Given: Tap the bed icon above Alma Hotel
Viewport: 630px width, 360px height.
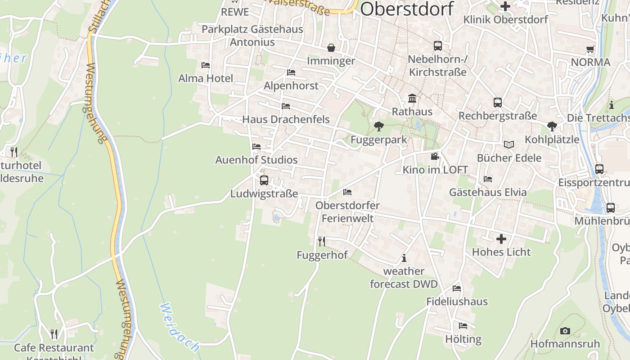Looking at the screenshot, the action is tap(206, 65).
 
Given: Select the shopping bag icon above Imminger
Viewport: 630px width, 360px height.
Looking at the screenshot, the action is tap(331, 48).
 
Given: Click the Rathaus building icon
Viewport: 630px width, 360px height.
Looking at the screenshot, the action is tap(412, 99).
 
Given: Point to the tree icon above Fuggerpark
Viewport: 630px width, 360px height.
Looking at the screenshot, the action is tap(379, 126).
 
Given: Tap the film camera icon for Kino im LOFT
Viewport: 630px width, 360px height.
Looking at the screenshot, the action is tap(435, 157).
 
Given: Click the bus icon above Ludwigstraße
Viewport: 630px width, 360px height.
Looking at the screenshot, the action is tap(264, 180).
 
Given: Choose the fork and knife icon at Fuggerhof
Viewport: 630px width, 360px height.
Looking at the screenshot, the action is tap(322, 242).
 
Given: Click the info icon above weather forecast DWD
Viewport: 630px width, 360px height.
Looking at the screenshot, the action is tap(404, 258).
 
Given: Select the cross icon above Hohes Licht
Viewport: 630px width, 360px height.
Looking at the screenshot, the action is tap(501, 238).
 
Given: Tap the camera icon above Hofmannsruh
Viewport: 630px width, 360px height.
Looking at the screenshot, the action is tap(565, 331).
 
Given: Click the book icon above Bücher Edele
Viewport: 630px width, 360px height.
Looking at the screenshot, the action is tap(509, 144).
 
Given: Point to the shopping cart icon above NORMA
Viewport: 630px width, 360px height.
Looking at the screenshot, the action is tap(590, 49).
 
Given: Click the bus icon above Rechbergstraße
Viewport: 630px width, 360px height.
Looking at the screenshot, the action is tap(497, 103).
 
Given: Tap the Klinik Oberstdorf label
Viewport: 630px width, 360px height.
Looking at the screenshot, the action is tap(506, 20).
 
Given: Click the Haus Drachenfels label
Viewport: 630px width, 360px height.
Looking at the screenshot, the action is tap(286, 119).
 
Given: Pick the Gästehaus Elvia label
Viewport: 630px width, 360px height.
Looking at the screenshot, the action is tap(488, 192).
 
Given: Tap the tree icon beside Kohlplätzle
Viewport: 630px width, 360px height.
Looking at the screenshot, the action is tap(552, 126).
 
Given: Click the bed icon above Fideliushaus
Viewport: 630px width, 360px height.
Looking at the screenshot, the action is tap(457, 288).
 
